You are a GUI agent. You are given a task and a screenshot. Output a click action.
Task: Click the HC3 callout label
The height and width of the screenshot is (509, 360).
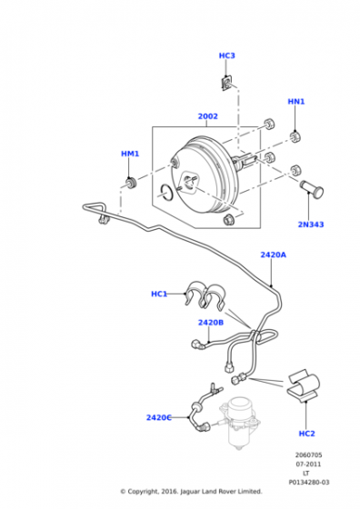pyautogui.click(x=226, y=55)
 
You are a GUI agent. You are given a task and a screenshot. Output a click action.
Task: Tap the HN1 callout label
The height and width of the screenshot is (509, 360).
pyautogui.click(x=296, y=102)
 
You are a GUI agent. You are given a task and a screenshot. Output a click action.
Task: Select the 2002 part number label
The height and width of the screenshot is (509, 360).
pyautogui.click(x=208, y=116)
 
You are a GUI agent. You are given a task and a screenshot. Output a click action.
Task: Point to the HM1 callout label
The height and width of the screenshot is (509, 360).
pyautogui.click(x=130, y=154)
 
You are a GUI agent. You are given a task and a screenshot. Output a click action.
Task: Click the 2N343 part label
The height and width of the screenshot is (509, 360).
pyautogui.click(x=311, y=225)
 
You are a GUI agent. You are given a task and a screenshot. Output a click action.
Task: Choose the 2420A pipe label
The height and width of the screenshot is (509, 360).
pyautogui.click(x=274, y=254)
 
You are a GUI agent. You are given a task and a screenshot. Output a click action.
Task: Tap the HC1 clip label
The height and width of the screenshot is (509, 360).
pyautogui.click(x=159, y=294)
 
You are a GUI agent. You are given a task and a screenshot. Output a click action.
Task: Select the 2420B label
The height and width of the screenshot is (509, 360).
pyautogui.click(x=211, y=323)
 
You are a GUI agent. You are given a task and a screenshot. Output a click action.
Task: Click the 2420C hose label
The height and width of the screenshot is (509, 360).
pyautogui.click(x=159, y=417)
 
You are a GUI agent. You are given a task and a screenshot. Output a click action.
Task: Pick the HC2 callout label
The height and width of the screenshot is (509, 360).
pyautogui.click(x=306, y=434)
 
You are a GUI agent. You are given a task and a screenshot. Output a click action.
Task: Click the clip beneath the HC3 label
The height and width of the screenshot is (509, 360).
pyautogui.click(x=227, y=83)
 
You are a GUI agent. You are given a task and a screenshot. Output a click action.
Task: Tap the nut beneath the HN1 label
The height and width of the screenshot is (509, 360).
pyautogui.click(x=295, y=136)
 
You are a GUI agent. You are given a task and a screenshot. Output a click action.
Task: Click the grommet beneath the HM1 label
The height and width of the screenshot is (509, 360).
pyautogui.click(x=131, y=183)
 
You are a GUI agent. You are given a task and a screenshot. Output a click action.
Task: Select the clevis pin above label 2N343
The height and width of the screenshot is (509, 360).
pyautogui.click(x=311, y=188)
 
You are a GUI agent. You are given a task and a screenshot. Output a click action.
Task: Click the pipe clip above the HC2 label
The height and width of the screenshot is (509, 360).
pyautogui.click(x=304, y=386)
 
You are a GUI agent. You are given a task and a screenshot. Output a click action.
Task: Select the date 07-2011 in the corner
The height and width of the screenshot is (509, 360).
pyautogui.click(x=308, y=464)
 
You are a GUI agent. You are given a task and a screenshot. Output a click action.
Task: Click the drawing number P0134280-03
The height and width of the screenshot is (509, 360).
pyautogui.click(x=309, y=483)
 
